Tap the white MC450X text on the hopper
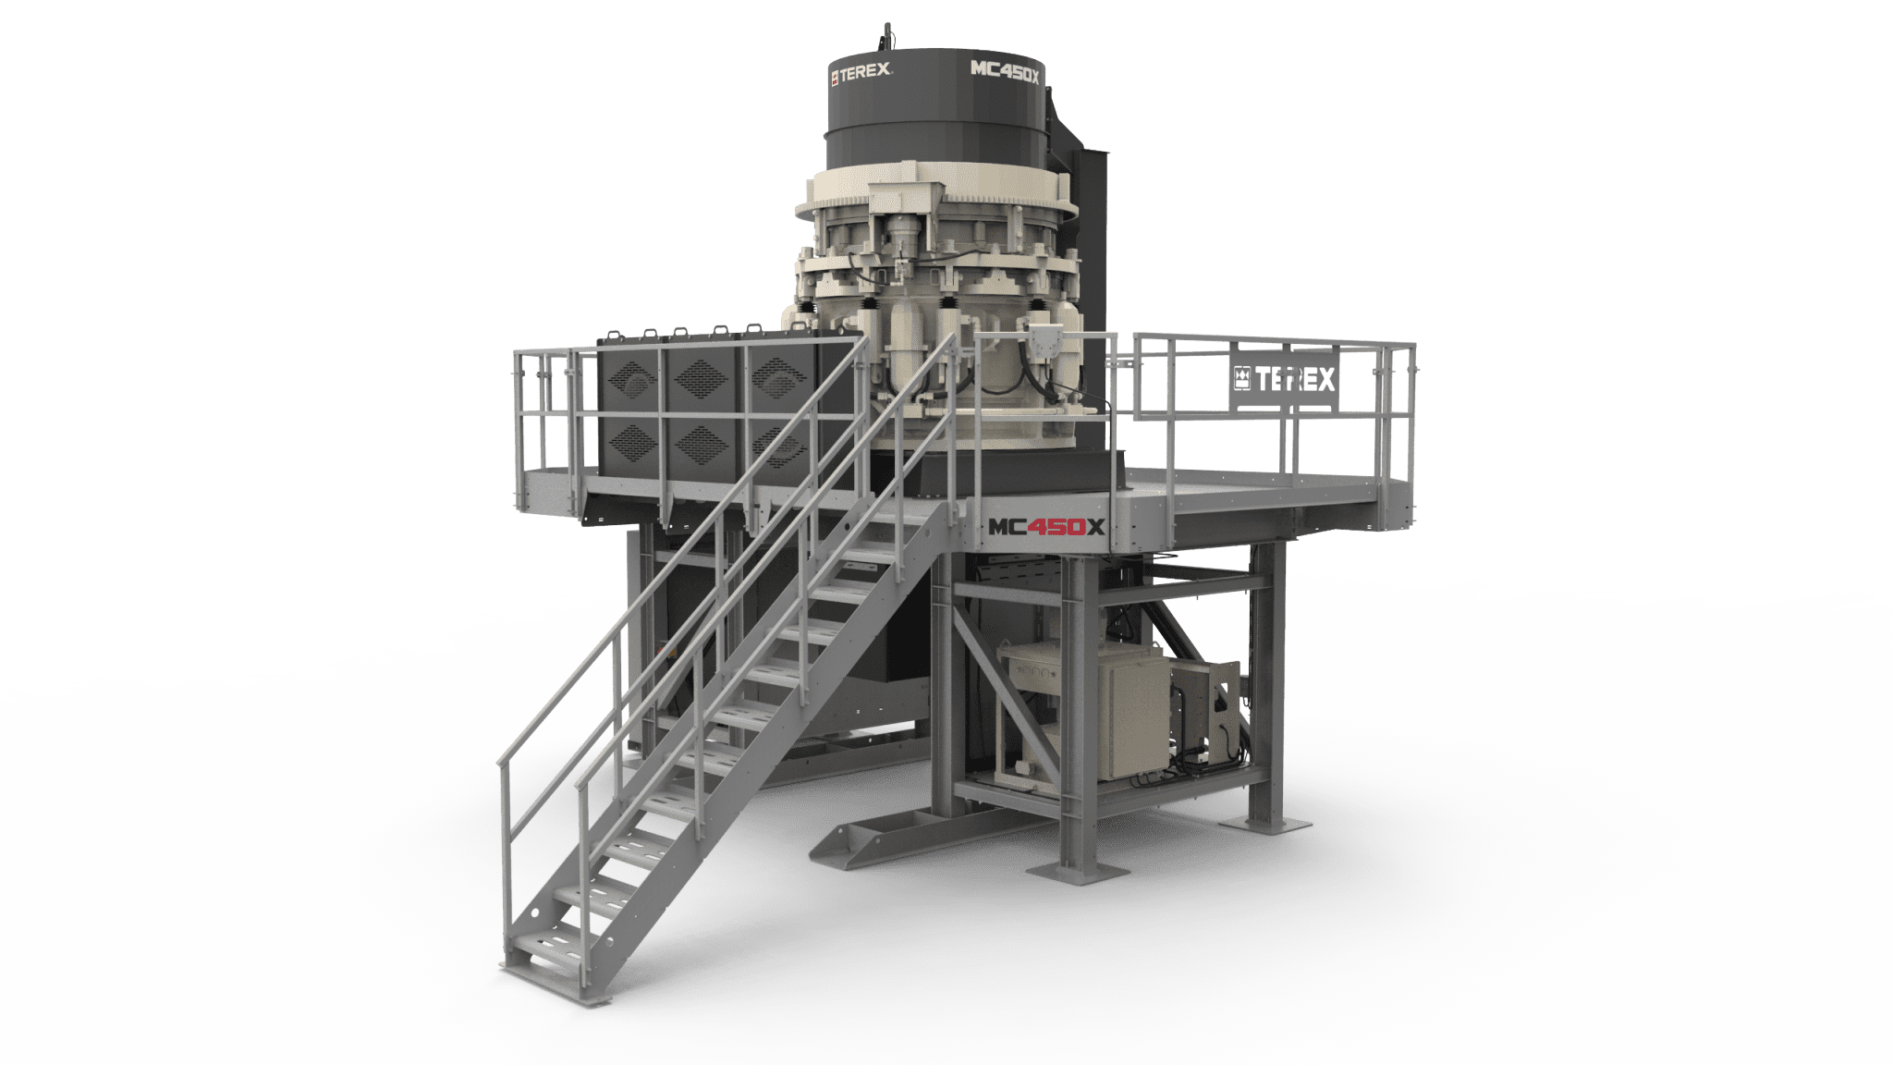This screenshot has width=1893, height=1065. pos(1005,70)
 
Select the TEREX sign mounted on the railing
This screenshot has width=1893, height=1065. pos(1283,378)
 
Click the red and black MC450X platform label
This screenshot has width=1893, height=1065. pos(1046,527)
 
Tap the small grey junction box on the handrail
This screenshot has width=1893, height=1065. pos(1045,341)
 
